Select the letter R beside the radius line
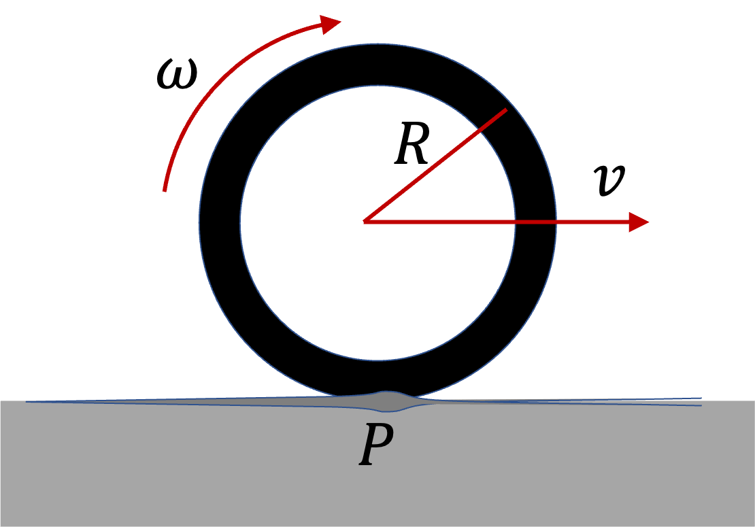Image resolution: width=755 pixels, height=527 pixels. pyautogui.click(x=412, y=145)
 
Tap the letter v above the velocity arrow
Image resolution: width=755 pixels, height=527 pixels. pyautogui.click(x=609, y=180)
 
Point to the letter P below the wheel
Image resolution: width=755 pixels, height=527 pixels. pyautogui.click(x=376, y=446)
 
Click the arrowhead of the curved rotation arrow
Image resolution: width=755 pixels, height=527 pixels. pyautogui.click(x=331, y=24)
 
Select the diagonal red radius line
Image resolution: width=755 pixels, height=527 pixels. pyautogui.click(x=435, y=165)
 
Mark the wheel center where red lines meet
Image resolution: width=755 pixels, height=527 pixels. pyautogui.click(x=366, y=221)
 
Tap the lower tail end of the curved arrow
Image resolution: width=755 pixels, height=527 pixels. pyautogui.click(x=165, y=189)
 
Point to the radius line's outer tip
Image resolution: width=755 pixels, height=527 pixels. pyautogui.click(x=506, y=109)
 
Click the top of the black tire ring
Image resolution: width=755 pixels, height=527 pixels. pyautogui.click(x=377, y=65)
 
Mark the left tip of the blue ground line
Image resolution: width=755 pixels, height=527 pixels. pyautogui.click(x=27, y=402)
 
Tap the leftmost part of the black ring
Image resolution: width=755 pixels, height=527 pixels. pyautogui.click(x=220, y=222)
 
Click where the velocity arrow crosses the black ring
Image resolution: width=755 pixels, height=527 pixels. pyautogui.click(x=535, y=222)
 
